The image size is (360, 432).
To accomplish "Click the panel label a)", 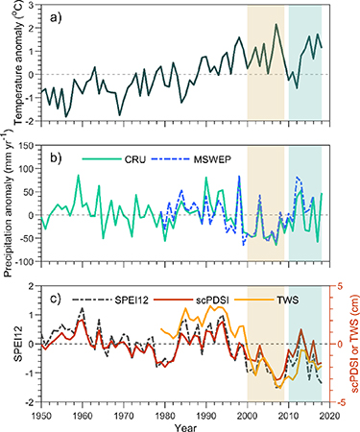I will point(54,16).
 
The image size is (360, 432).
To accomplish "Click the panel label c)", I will point(54,295).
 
